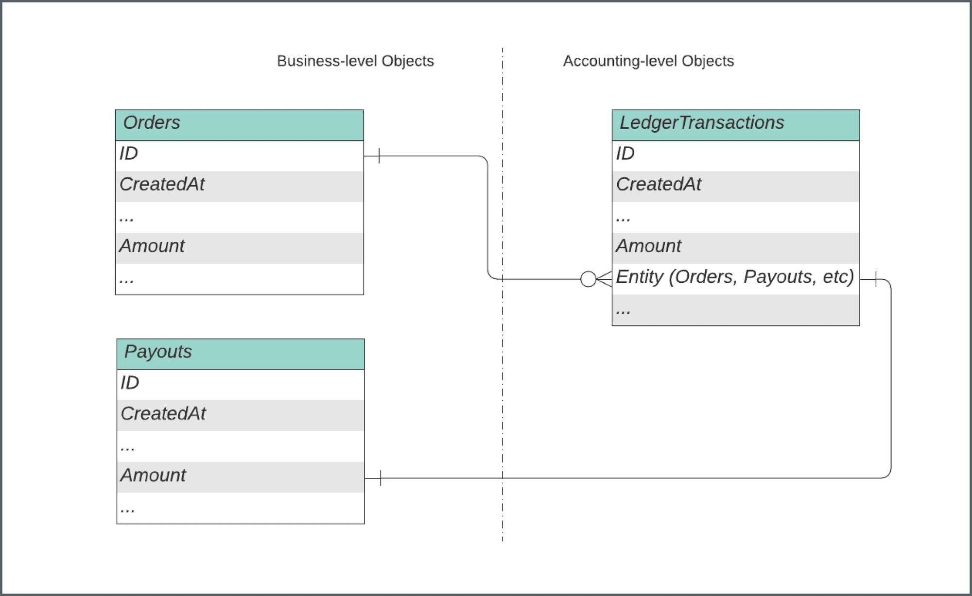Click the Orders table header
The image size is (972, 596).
(239, 125)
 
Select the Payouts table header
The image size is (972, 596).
(240, 354)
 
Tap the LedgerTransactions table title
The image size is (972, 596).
(735, 125)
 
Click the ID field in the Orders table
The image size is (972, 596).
(239, 155)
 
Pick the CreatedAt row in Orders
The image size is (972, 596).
(239, 186)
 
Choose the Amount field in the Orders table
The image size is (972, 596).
(239, 248)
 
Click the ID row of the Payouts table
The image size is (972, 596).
(240, 385)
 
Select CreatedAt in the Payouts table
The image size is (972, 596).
(240, 415)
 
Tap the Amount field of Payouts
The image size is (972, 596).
(240, 477)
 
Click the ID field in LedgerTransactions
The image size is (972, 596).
(735, 155)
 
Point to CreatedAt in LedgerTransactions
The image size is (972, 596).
(735, 186)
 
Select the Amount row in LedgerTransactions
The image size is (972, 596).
(735, 248)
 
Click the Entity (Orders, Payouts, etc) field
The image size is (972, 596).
(735, 278)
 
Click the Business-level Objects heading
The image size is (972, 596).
(355, 61)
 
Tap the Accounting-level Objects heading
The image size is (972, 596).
(648, 61)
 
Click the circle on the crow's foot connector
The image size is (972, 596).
(588, 279)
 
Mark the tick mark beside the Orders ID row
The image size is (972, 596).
(379, 156)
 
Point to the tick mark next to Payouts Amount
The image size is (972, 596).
(381, 478)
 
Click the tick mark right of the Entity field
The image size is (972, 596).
(876, 279)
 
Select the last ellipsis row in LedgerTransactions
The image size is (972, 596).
(735, 310)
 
